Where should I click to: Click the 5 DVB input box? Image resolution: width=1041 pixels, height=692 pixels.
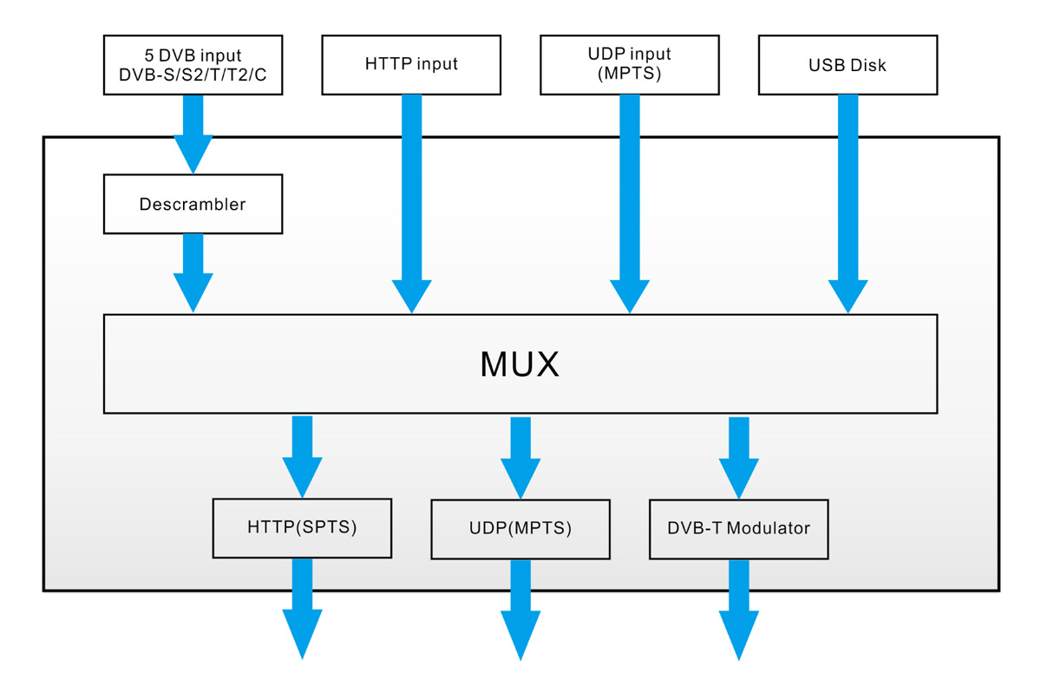(193, 65)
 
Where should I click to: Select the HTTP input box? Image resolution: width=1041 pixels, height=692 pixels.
(411, 65)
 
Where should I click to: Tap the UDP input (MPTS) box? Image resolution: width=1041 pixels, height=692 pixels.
(630, 65)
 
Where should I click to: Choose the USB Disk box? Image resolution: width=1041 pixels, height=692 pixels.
(848, 65)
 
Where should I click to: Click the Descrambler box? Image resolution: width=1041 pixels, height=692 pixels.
(193, 205)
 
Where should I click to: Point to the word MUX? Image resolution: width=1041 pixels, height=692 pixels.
(520, 364)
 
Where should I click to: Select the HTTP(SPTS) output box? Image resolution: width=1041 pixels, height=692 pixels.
(302, 528)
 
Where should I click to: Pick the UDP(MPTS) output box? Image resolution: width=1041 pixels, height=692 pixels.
(520, 529)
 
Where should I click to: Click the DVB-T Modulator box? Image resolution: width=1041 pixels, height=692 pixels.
(738, 529)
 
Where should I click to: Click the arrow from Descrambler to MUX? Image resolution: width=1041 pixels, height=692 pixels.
(193, 272)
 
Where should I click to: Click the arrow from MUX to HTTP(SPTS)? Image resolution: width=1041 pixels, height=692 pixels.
(302, 456)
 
